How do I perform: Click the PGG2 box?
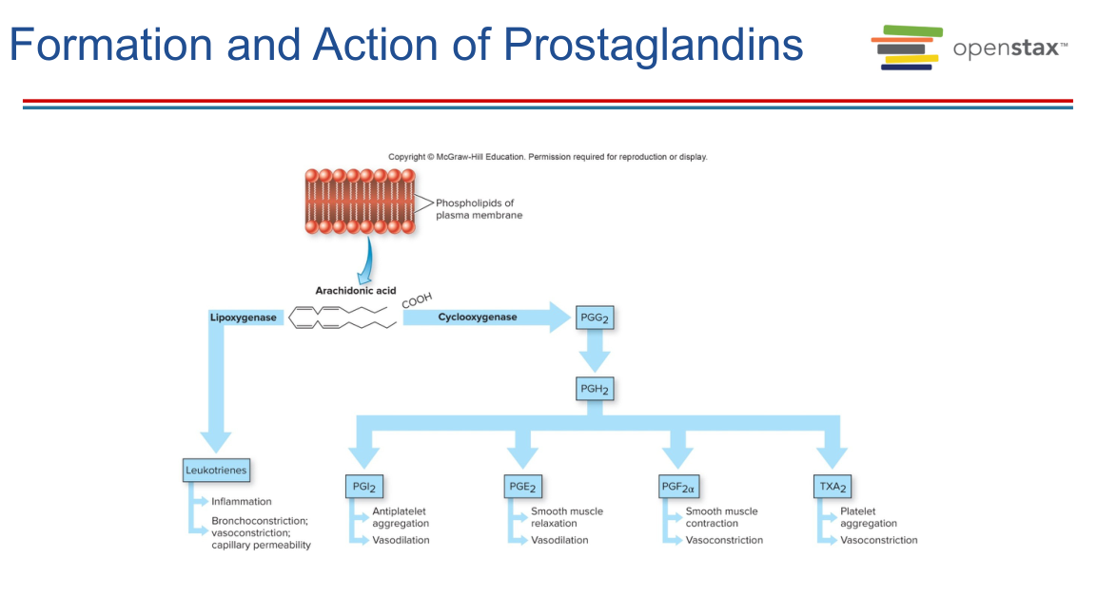pos(595,318)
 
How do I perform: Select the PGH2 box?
pos(595,389)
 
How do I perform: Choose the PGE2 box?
pos(521,488)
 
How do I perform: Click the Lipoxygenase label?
pos(244,318)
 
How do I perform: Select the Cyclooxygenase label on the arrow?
pos(478,317)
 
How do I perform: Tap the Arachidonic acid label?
pos(355,291)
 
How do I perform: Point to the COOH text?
pos(417,299)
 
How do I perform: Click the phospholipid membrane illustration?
pos(361,201)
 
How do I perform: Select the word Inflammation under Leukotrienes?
pos(242,501)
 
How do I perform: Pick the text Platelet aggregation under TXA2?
pos(868,517)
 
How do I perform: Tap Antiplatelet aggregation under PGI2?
pos(401,517)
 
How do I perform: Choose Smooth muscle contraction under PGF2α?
pos(721,517)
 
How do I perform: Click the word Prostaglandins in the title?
pos(653,45)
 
